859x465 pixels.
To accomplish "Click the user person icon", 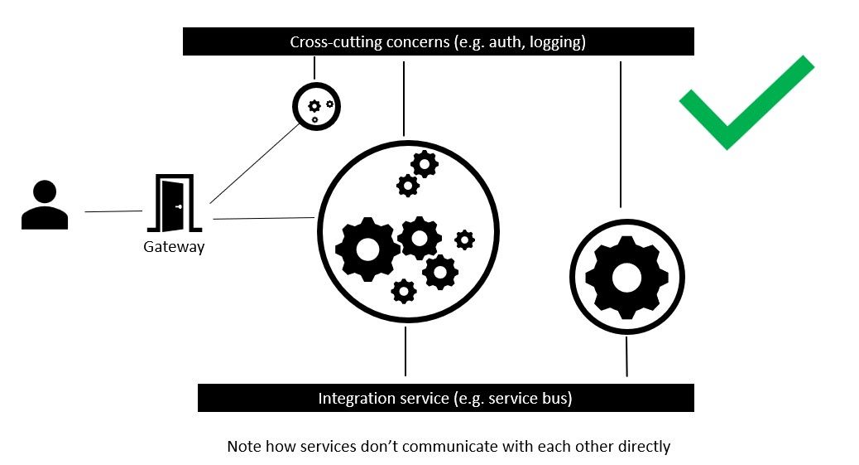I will [x=44, y=206].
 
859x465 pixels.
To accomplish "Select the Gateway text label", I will [x=174, y=247].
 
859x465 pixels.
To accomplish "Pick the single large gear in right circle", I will [x=626, y=277].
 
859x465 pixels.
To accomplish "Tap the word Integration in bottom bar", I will [x=357, y=399].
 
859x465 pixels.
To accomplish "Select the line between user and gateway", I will [x=113, y=211].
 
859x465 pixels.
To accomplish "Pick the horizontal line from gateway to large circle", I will [x=263, y=219].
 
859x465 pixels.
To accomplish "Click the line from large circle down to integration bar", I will [x=406, y=351].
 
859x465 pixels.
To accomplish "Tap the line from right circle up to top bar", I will [x=621, y=133].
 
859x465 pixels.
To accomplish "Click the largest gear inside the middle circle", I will [x=367, y=248].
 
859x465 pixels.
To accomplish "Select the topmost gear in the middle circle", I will [x=425, y=164].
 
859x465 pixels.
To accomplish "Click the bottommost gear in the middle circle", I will [x=404, y=291].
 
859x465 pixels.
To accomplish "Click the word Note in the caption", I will [x=245, y=447].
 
